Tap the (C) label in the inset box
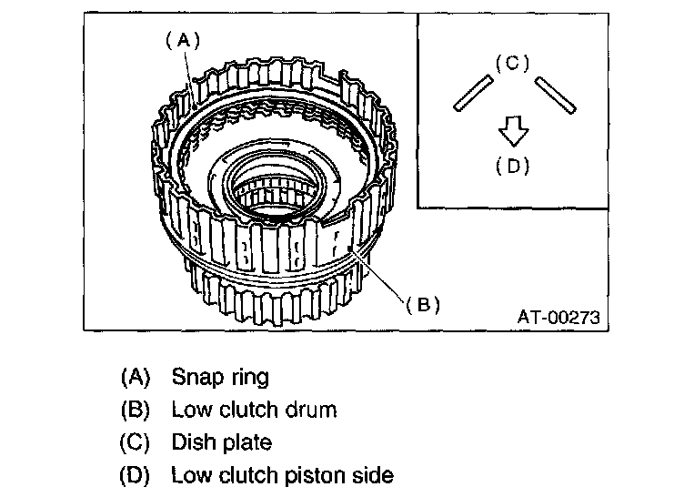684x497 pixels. pyautogui.click(x=512, y=62)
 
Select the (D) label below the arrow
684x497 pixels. pyautogui.click(x=514, y=166)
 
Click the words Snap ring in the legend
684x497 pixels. pyautogui.click(x=220, y=376)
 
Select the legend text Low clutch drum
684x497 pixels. pyautogui.click(x=254, y=410)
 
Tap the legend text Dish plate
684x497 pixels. pyautogui.click(x=221, y=442)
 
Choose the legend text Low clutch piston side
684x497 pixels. pyautogui.click(x=282, y=475)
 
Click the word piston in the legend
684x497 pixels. pyautogui.click(x=316, y=475)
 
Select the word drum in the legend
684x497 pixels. pyautogui.click(x=313, y=410)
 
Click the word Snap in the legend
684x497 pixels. pyautogui.click(x=195, y=376)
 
